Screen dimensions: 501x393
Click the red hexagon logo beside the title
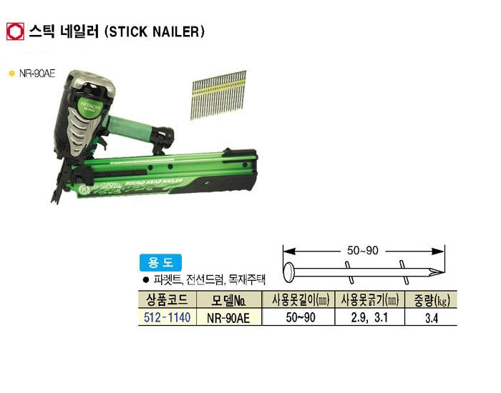[x=15, y=31]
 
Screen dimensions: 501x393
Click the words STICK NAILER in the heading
[x=155, y=32]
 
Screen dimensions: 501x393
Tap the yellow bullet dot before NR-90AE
[x=12, y=74]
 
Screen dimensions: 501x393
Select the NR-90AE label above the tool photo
[x=37, y=74]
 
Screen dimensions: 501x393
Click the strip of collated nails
[x=219, y=95]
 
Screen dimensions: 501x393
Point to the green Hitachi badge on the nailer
[x=89, y=106]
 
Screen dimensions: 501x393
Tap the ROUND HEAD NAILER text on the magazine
[x=154, y=182]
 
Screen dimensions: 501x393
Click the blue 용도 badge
[x=160, y=262]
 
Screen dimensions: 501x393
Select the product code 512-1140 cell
[x=167, y=317]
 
